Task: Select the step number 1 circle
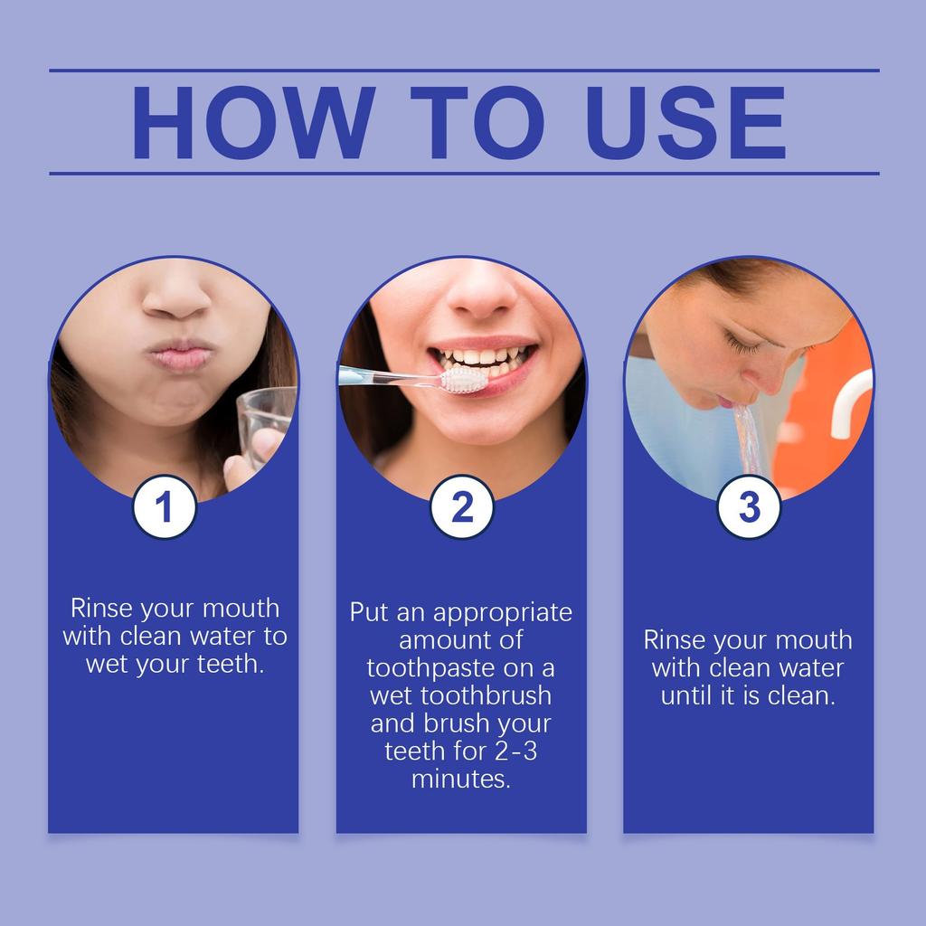(164, 507)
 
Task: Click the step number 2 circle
(461, 507)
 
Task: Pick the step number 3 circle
(749, 507)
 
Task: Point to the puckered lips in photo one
(182, 354)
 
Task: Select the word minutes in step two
(460, 779)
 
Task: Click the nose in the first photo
(176, 298)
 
